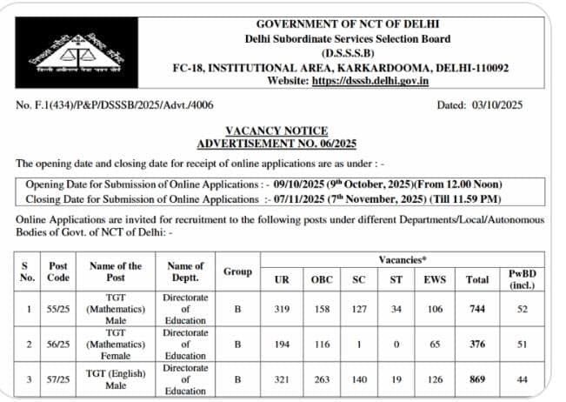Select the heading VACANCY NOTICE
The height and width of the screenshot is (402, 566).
pos(276,131)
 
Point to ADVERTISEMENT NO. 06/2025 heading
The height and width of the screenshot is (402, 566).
pos(276,143)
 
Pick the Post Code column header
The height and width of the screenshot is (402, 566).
pos(59,271)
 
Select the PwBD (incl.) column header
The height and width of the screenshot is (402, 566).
pos(522,278)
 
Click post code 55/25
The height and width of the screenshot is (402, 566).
pos(59,310)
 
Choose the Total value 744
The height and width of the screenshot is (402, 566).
pos(476,310)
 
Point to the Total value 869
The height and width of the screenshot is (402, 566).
pos(476,379)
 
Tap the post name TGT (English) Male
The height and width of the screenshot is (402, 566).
pos(117,379)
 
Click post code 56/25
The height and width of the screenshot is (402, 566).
pos(59,344)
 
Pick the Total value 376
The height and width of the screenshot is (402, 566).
pos(476,344)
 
